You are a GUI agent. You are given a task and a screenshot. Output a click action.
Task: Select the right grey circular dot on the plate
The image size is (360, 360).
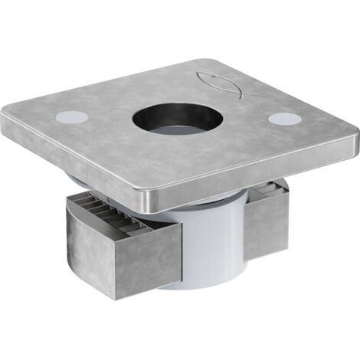pyautogui.click(x=284, y=120)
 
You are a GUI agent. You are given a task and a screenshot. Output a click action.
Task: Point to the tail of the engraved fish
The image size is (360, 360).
pyautogui.click(x=201, y=76)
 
